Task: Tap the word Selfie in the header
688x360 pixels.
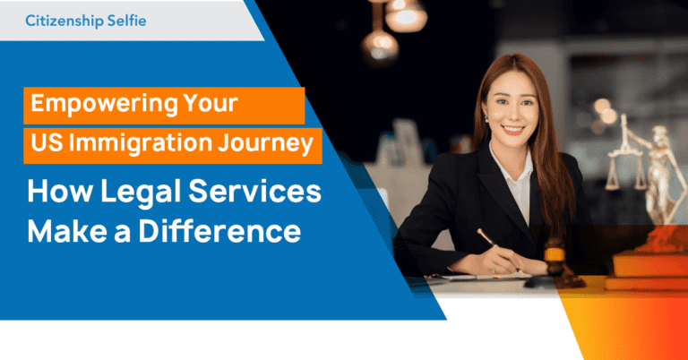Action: tap(127, 20)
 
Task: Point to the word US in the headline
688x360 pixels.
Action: tap(46, 143)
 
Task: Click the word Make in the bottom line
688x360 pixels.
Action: tap(64, 230)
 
